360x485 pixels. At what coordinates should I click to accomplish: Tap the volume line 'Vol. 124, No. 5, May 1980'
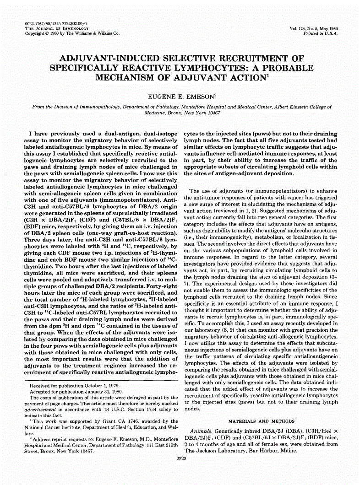(x=313, y=28)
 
